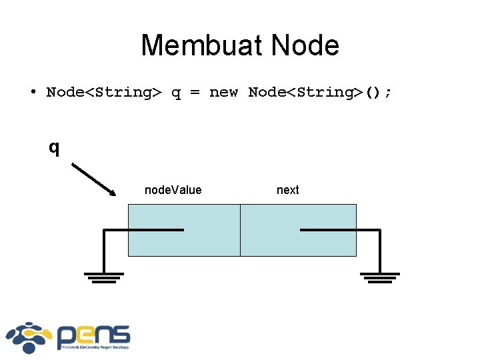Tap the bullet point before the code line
pos(32,92)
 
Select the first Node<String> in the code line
pos(103,92)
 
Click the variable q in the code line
pos(176,93)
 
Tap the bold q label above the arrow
pos(54,147)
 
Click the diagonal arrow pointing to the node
pos(94,179)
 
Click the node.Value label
pos(173,190)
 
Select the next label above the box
pos(287,190)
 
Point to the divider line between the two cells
pos(240,230)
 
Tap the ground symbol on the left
pos(103,277)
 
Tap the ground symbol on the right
pos(380,277)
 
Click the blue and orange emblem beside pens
pos(30,337)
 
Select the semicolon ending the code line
pos(388,93)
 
